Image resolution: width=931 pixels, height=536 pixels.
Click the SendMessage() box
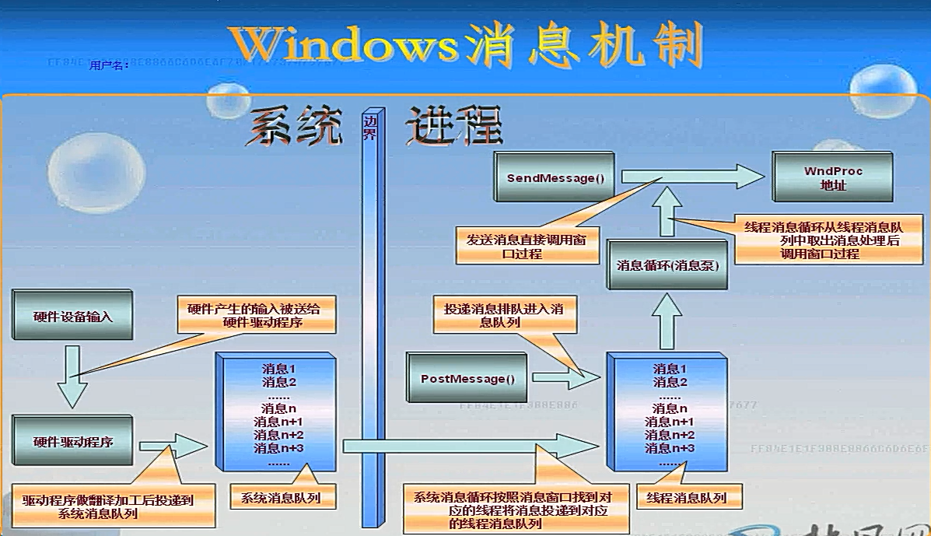click(x=555, y=179)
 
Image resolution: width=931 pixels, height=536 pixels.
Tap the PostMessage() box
click(x=467, y=380)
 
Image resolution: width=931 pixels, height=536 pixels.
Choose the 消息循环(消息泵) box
click(x=667, y=265)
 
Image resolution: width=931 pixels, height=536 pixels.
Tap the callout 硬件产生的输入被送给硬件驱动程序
click(x=254, y=314)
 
